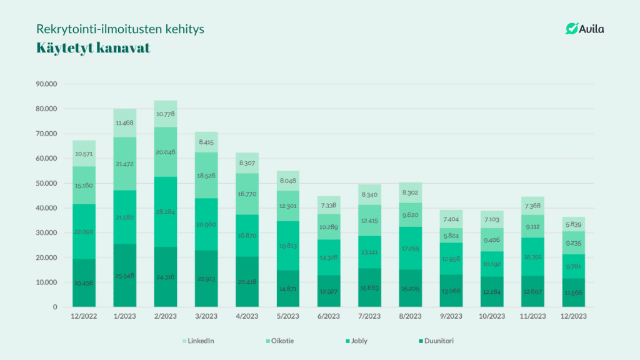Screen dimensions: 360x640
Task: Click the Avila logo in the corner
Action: pos(584,29)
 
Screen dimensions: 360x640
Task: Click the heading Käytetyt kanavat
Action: pos(93,49)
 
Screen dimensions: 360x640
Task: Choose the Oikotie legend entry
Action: pos(281,341)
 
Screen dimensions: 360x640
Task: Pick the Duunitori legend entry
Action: pos(437,341)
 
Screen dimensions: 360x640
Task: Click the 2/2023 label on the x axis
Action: pos(166,317)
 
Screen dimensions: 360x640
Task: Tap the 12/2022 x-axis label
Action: pos(84,317)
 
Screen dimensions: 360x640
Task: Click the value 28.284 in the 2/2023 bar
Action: pos(166,212)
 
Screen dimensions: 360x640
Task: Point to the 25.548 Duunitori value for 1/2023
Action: pos(125,276)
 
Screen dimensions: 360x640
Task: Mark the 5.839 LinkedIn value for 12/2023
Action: pos(573,224)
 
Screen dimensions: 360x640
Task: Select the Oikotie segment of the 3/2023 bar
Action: pos(206,176)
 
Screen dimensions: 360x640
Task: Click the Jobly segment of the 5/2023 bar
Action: pos(287,246)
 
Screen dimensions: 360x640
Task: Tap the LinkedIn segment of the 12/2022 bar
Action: pos(84,154)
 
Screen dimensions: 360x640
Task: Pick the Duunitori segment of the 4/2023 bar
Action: pos(247,282)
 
